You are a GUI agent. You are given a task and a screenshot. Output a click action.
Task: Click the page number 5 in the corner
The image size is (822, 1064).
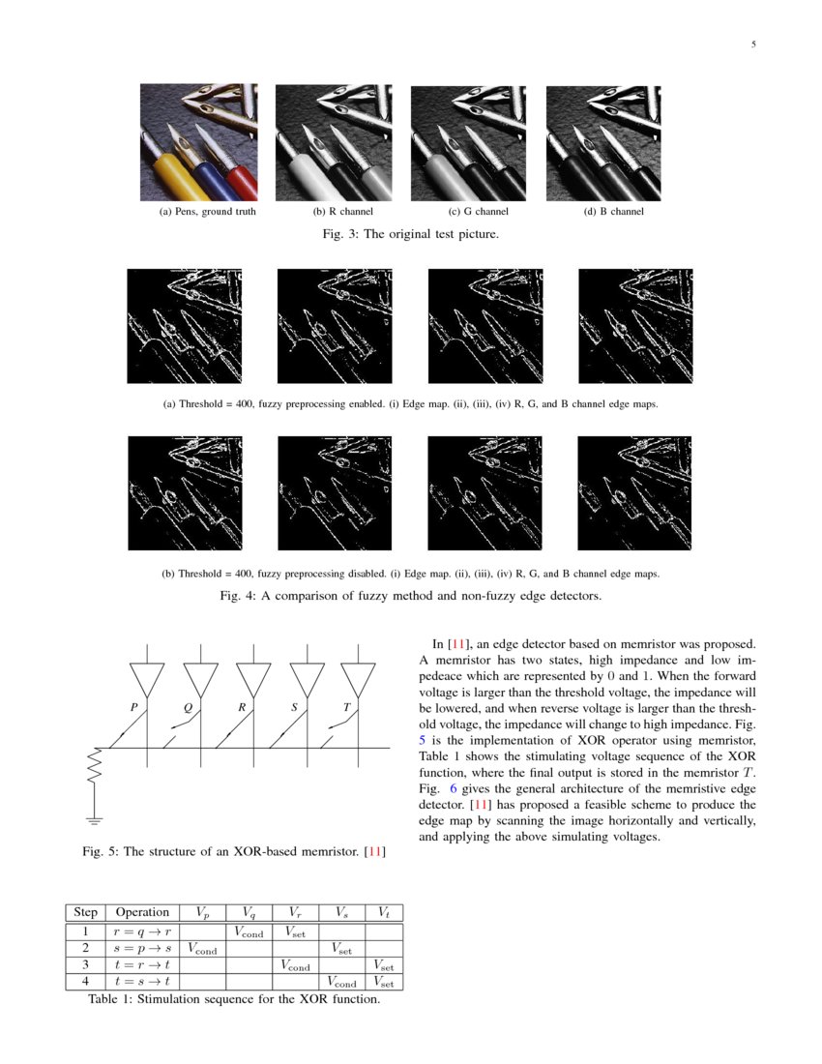[x=753, y=44]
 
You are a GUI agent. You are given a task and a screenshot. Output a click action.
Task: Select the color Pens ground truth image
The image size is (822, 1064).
[x=198, y=142]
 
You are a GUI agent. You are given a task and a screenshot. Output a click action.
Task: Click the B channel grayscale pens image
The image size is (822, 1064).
[x=603, y=142]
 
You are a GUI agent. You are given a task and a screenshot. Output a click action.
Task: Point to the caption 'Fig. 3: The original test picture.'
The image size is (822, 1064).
[x=410, y=234]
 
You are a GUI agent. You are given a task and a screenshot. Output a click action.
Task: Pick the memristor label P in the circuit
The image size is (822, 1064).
[x=133, y=707]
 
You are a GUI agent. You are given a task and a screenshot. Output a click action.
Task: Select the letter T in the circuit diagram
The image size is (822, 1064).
[x=345, y=707]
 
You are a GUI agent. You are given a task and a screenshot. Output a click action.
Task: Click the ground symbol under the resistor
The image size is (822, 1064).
[x=94, y=821]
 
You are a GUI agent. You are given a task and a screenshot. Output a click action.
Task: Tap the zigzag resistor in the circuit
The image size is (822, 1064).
[x=94, y=765]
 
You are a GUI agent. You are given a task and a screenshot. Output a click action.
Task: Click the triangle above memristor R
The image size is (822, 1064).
[x=252, y=678]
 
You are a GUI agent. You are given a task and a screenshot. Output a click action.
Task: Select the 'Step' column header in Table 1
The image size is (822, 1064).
[x=85, y=912]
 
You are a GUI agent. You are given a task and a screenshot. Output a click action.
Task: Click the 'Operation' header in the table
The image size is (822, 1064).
[x=142, y=912]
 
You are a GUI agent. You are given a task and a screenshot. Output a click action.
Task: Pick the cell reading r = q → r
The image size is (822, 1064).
[x=142, y=932]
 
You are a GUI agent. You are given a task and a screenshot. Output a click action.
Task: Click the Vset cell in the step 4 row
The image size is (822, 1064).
[x=384, y=982]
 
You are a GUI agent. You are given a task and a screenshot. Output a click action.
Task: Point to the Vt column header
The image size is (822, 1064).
[x=384, y=912]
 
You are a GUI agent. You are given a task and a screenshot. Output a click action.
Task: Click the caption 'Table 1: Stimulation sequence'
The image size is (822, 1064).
[x=233, y=999]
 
